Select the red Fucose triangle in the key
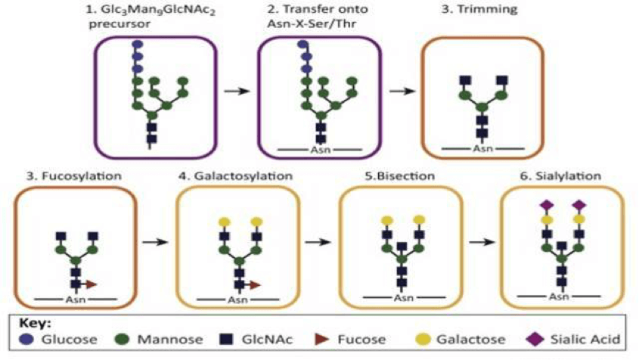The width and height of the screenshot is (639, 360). pos(323,340)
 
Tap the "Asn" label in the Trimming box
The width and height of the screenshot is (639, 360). pos(482,147)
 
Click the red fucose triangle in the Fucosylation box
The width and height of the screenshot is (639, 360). pos(91,284)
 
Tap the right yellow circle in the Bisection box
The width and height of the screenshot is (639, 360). pos(417,219)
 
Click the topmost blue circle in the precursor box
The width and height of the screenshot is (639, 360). pos(137,45)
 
